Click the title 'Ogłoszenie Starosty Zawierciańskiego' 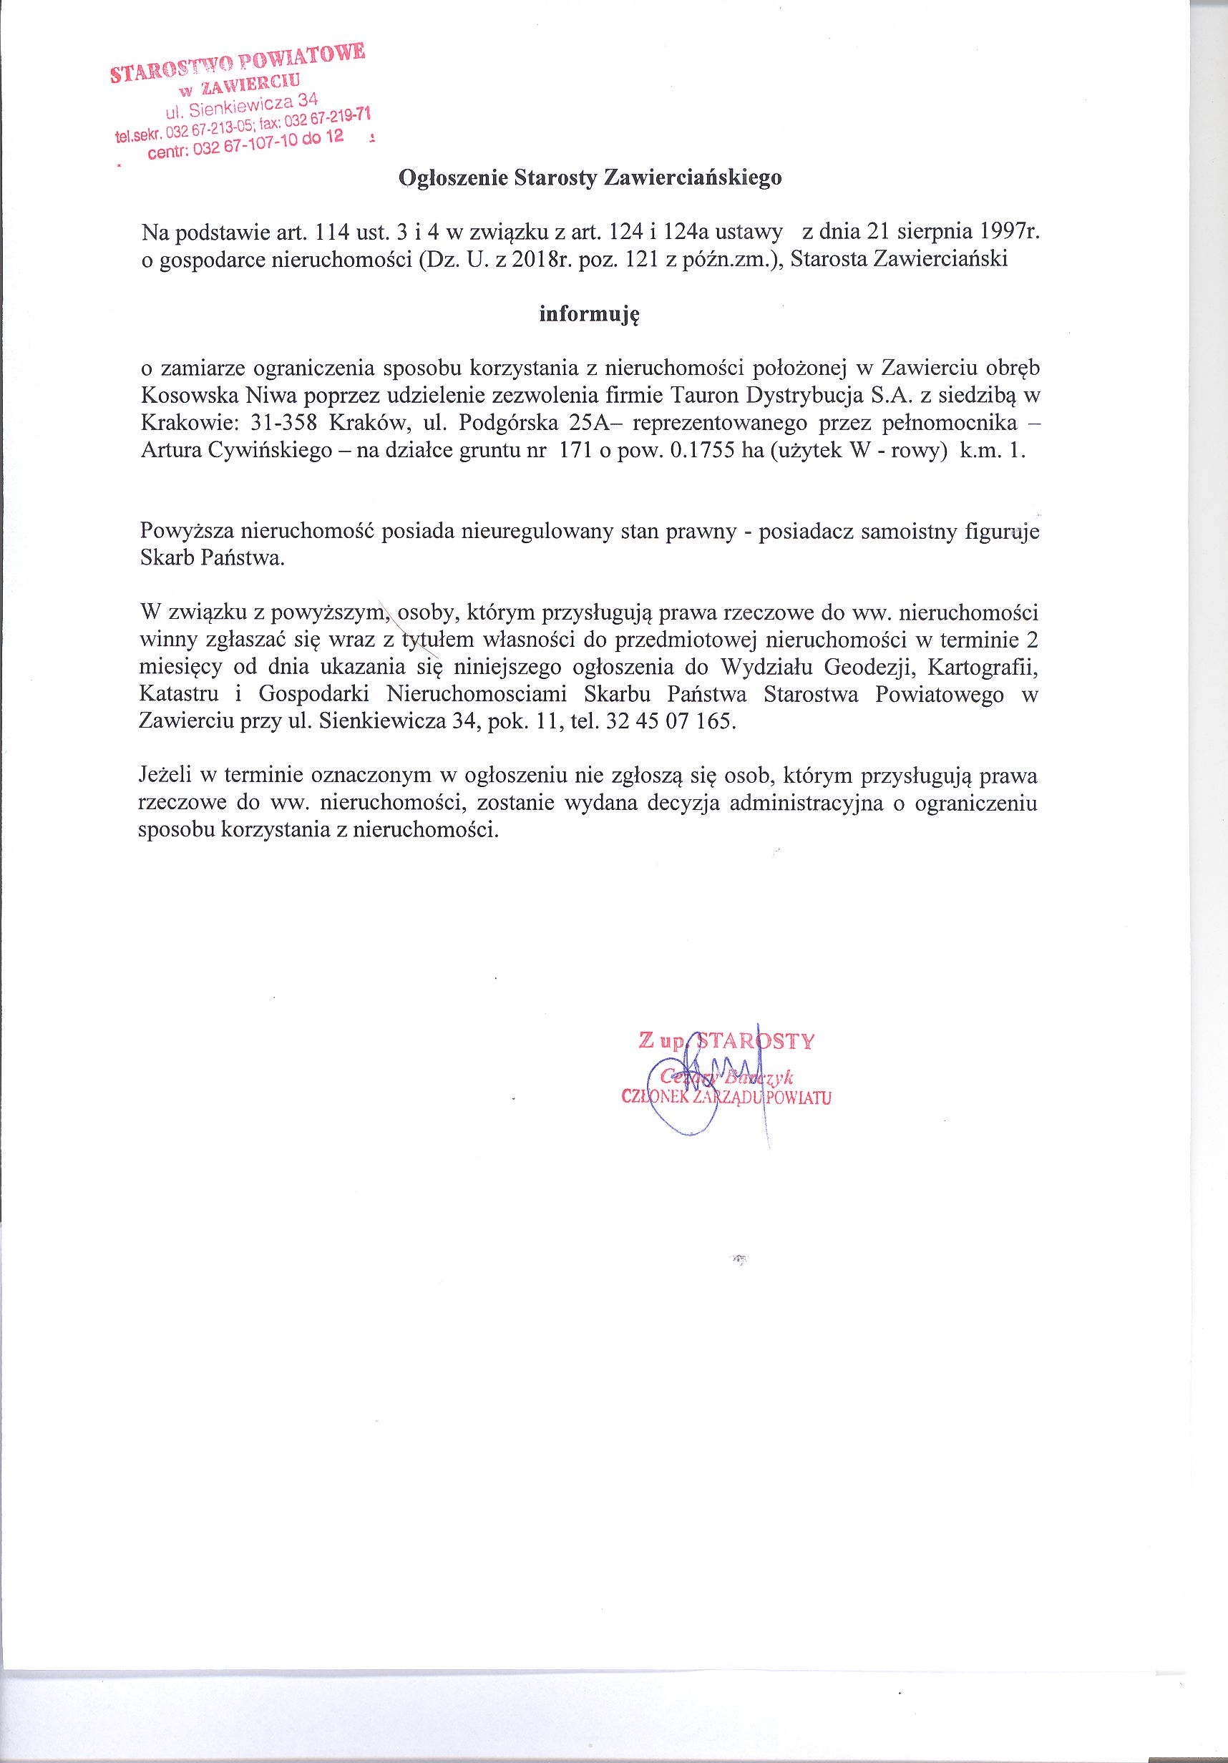[590, 178]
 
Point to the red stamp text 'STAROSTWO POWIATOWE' [239, 62]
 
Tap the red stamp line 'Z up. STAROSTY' [726, 1041]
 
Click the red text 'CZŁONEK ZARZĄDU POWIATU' [726, 1098]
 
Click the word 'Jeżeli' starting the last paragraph [165, 776]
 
